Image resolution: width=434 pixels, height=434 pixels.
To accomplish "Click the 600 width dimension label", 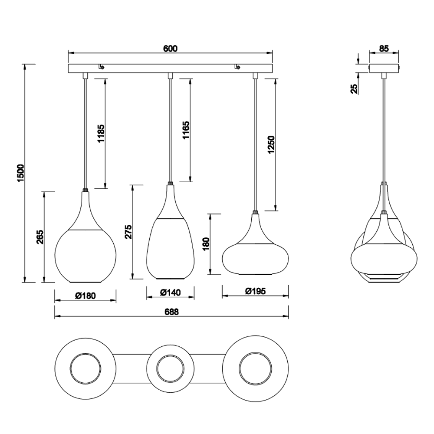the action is [x=170, y=49].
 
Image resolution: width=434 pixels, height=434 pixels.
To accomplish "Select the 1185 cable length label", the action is [x=101, y=133].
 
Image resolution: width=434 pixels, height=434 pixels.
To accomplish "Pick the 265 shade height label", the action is [x=40, y=237].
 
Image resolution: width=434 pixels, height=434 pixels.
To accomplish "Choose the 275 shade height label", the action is [x=128, y=232].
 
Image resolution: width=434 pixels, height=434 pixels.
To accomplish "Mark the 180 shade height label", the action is [x=207, y=244].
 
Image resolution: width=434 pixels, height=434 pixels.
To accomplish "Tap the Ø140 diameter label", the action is [x=170, y=292].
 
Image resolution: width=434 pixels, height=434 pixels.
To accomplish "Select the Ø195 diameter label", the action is [x=255, y=291].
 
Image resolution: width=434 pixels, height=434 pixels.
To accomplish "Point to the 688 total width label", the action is [x=171, y=312].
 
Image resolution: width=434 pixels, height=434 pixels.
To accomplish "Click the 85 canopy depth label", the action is [x=384, y=49].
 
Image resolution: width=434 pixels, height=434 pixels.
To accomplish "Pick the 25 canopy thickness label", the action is [x=354, y=89].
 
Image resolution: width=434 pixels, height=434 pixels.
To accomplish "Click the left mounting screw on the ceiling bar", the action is [x=101, y=67].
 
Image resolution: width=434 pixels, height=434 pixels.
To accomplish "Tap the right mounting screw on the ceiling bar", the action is [x=237, y=67].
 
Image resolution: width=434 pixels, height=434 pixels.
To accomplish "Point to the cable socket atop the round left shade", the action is [x=85, y=191].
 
